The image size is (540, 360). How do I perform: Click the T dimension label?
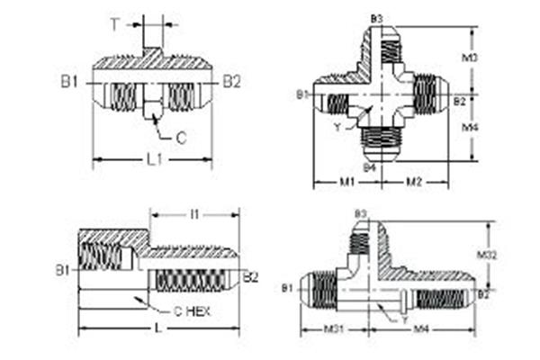pyautogui.click(x=115, y=24)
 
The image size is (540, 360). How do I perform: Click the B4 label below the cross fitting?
pyautogui.click(x=369, y=167)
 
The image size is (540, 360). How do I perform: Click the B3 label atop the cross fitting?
pyautogui.click(x=376, y=19)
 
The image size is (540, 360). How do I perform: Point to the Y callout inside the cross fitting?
pyautogui.click(x=337, y=127)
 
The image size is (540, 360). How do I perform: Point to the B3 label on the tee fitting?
pyautogui.click(x=360, y=213)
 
